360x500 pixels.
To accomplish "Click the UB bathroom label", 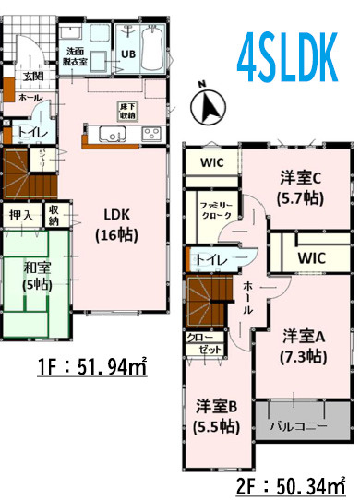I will click(x=128, y=54).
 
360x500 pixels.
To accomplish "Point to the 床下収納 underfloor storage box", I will click(x=127, y=110).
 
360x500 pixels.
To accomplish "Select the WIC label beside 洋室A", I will click(x=310, y=257).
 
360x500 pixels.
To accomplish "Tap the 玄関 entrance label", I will click(x=33, y=76).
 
